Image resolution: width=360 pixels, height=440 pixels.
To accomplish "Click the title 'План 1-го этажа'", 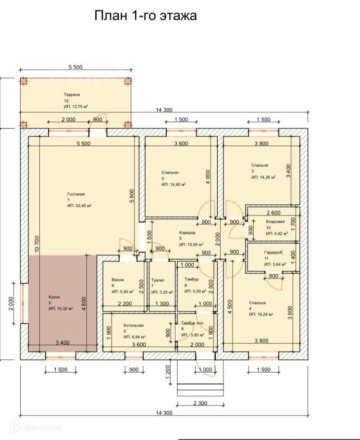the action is pyautogui.click(x=145, y=16).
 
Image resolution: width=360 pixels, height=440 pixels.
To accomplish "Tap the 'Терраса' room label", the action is pyautogui.click(x=72, y=95).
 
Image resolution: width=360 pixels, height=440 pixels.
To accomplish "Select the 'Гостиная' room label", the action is pyautogui.click(x=76, y=194).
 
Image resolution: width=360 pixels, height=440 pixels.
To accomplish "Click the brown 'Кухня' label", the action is pyautogui.click(x=54, y=297).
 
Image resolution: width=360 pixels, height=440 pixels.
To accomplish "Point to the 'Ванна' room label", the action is pyautogui.click(x=117, y=279).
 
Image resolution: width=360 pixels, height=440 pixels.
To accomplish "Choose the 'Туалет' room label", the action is pyautogui.click(x=158, y=280).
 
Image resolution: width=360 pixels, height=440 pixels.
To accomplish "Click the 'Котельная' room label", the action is pyautogui.click(x=134, y=325).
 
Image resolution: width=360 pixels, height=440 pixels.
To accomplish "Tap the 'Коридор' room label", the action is pyautogui.click(x=187, y=232).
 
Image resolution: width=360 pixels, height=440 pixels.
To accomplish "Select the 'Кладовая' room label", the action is pyautogui.click(x=275, y=221).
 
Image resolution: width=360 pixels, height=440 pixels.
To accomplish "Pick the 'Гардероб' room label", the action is pyautogui.click(x=273, y=252).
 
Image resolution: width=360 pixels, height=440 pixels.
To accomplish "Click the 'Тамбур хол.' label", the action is pyautogui.click(x=193, y=323).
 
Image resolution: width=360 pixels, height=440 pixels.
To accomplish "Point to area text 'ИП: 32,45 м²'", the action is pyautogui.click(x=80, y=205).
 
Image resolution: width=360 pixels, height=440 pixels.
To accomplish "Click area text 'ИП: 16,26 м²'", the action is pyautogui.click(x=261, y=314).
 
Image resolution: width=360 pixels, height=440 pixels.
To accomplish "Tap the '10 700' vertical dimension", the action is pyautogui.click(x=37, y=244).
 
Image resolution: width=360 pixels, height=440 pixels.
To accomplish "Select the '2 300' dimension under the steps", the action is pyautogui.click(x=200, y=403).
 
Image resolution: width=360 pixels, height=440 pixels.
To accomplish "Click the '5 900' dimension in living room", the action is pyautogui.click(x=132, y=196).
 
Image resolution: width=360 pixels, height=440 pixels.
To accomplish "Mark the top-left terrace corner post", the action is pyautogui.click(x=24, y=81).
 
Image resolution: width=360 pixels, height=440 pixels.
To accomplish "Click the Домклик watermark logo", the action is pyautogui.click(x=36, y=427).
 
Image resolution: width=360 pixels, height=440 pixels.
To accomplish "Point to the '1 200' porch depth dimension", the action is pyautogui.click(x=168, y=372).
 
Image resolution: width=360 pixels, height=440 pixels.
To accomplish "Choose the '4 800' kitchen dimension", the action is pyautogui.click(x=84, y=303).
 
